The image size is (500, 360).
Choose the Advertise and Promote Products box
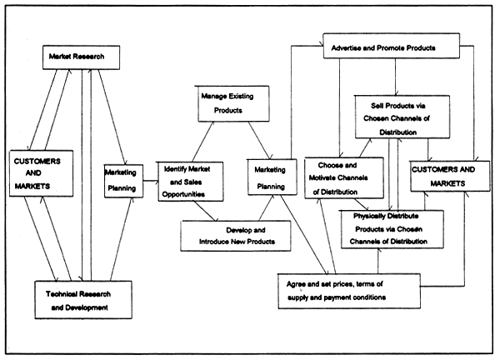[391, 47]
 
